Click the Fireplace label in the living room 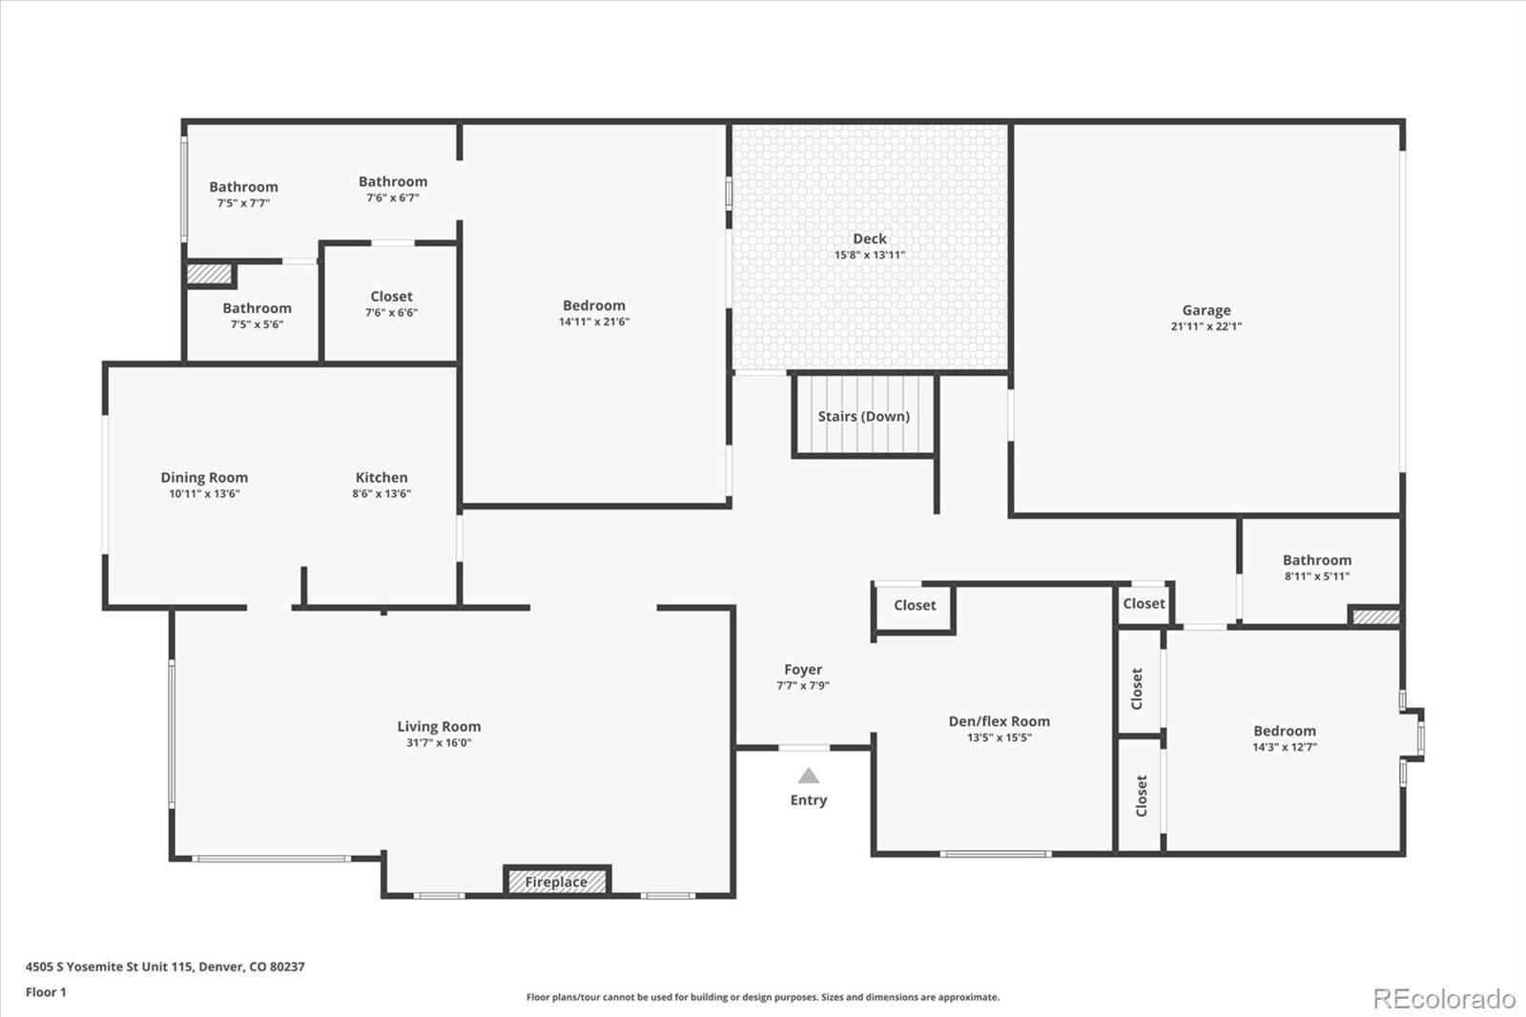pyautogui.click(x=556, y=882)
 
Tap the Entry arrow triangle pyautogui.click(x=809, y=776)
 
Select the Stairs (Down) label pyautogui.click(x=863, y=416)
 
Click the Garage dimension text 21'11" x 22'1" pyautogui.click(x=1206, y=326)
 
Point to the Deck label pyautogui.click(x=869, y=239)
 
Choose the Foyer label pyautogui.click(x=803, y=670)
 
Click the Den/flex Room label pyautogui.click(x=999, y=721)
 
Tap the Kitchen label pyautogui.click(x=381, y=477)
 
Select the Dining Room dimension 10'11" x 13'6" pyautogui.click(x=204, y=494)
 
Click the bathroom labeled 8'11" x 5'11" pyautogui.click(x=1316, y=560)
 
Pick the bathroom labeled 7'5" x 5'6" pyautogui.click(x=257, y=308)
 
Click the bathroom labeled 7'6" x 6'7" pyautogui.click(x=393, y=181)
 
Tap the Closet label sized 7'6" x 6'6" pyautogui.click(x=391, y=297)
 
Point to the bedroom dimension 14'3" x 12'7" pyautogui.click(x=1284, y=747)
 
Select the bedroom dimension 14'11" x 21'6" pyautogui.click(x=593, y=322)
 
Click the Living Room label pyautogui.click(x=439, y=726)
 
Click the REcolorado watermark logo pyautogui.click(x=1443, y=998)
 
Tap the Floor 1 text pyautogui.click(x=46, y=992)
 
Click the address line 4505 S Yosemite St pyautogui.click(x=165, y=966)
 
